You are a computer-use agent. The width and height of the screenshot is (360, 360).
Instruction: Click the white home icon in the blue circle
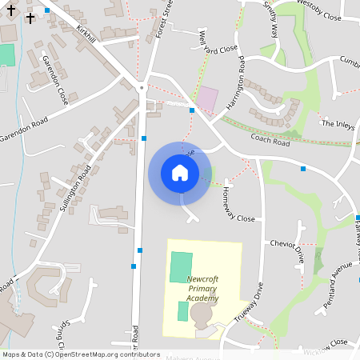point(180,171)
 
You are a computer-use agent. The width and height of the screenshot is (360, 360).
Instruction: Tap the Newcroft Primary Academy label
point(202,289)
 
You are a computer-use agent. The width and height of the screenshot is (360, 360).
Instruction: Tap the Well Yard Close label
point(218,41)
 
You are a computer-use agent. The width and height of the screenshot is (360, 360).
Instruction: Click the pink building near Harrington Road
point(207,99)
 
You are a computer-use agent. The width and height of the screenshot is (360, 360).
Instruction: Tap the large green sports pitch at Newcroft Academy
point(182,266)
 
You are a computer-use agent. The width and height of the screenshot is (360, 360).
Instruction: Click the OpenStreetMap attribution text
point(81,354)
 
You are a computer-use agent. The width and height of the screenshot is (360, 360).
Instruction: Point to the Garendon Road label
point(24,126)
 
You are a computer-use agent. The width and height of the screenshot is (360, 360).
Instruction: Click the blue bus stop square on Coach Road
point(303,168)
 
